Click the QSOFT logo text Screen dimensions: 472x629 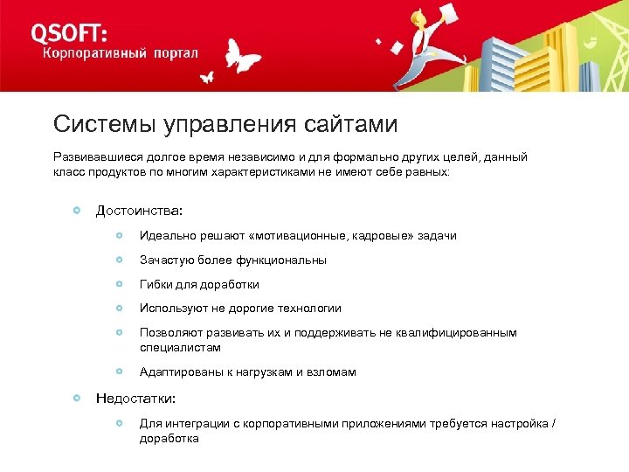pos(70,32)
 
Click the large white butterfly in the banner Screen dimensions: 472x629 pos(243,57)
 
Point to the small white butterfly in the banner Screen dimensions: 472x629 pos(207,77)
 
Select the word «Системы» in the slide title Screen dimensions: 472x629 pos(104,124)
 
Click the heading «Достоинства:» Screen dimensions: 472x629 pos(140,211)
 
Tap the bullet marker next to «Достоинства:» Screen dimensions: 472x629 pos(78,211)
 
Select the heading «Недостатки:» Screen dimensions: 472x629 pos(135,399)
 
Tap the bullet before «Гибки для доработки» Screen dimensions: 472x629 pos(119,284)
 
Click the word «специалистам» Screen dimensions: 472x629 pos(179,347)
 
